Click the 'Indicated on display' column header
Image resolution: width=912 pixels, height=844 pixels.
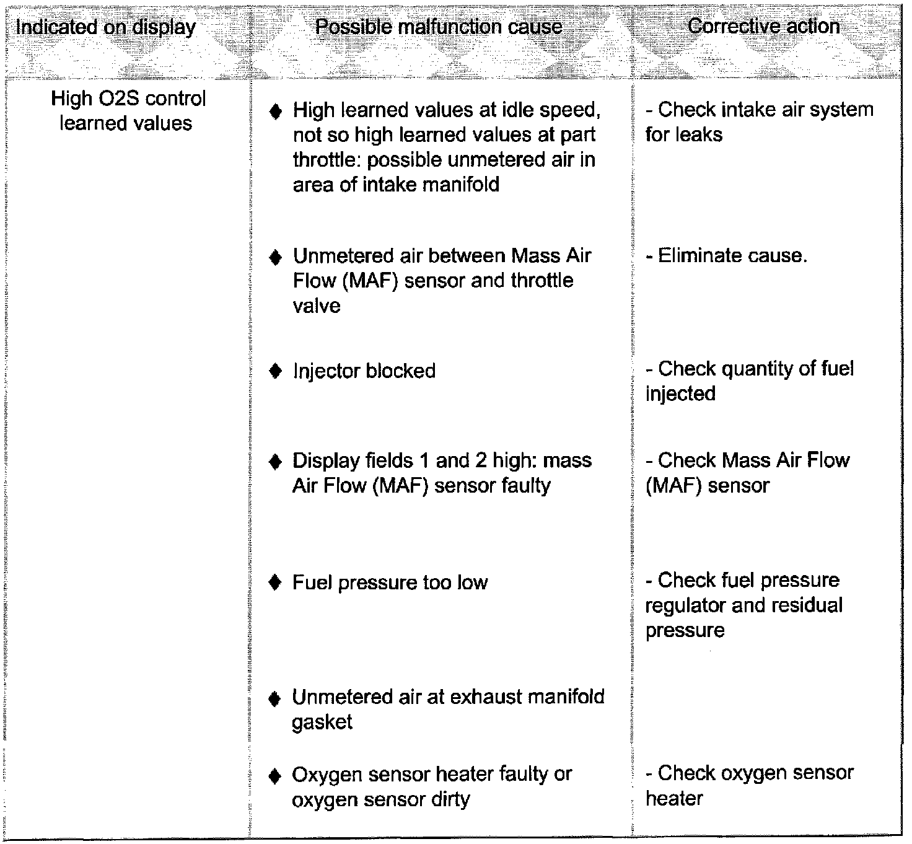point(105,27)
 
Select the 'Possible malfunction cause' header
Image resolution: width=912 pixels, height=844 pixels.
point(439,27)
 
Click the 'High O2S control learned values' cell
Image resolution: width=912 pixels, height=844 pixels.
point(127,111)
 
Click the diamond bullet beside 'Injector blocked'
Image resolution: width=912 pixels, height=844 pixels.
point(276,371)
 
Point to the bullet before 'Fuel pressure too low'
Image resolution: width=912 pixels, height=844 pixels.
point(276,583)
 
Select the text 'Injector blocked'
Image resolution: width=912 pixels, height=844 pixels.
point(364,371)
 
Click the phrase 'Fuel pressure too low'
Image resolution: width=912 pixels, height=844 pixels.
point(390,583)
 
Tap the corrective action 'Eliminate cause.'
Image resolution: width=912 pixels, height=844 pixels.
point(726,255)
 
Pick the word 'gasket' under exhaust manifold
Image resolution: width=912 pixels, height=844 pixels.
point(322,723)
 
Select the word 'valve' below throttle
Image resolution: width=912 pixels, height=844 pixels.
point(317,306)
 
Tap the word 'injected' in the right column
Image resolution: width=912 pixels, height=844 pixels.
point(680,393)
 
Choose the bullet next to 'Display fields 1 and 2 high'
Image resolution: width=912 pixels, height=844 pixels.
point(276,462)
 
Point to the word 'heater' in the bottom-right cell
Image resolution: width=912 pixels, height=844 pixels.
point(674,798)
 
